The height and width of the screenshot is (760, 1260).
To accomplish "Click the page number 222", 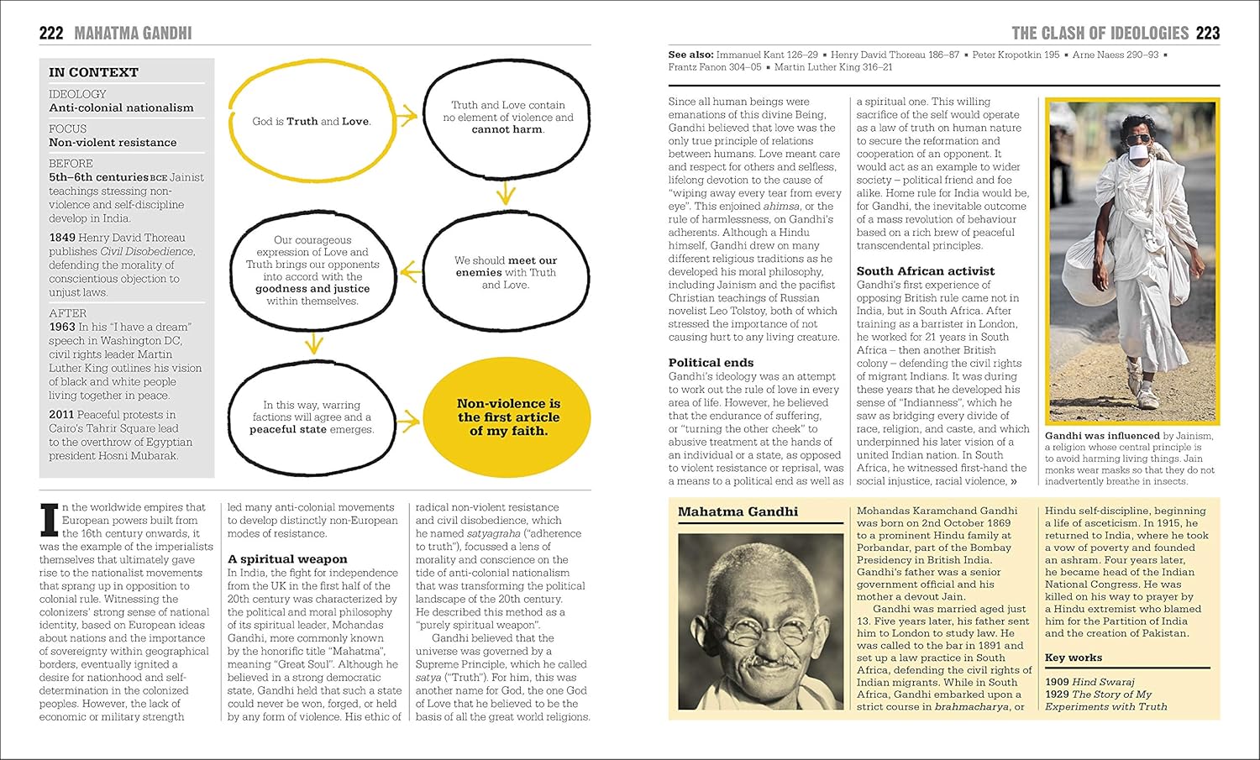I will (51, 34).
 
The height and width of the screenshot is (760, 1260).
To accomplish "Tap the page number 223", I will (1207, 34).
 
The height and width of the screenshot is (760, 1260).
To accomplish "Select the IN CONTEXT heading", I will (93, 73).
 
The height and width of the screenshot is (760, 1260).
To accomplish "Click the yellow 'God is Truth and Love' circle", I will (311, 121).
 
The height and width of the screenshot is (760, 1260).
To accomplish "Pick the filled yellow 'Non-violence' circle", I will (508, 417).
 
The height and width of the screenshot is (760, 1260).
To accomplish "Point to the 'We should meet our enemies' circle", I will (505, 272).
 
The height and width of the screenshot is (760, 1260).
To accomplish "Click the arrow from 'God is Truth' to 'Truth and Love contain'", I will (407, 117).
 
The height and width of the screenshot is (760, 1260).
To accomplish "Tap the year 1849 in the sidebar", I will (62, 238).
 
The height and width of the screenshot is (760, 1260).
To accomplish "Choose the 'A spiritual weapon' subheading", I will (287, 559).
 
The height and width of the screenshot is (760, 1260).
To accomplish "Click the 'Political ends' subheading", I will (711, 363).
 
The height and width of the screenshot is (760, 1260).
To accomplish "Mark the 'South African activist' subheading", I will (925, 271).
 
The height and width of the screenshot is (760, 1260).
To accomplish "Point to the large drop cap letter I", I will (50, 520).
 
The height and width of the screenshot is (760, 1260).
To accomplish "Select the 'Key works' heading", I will (1073, 658).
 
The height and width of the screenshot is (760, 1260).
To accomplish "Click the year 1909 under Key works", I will (1057, 683).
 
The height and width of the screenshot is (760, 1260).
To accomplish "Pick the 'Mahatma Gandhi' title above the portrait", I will (738, 512).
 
